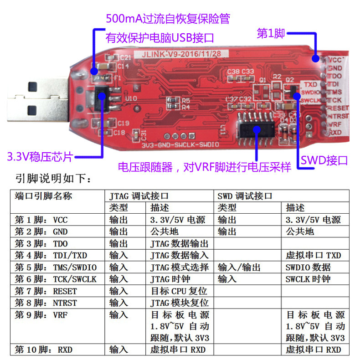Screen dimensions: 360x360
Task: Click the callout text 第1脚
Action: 271,33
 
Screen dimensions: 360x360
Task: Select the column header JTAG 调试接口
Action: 139,196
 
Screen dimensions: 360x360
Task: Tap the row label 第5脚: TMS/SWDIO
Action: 55,267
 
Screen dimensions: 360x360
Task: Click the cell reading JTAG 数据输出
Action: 179,243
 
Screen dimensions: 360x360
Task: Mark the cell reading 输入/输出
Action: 235,267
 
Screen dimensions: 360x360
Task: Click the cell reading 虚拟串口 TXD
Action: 313,255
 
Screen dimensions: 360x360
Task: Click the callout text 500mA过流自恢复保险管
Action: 168,19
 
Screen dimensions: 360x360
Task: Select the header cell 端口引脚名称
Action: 44,196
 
